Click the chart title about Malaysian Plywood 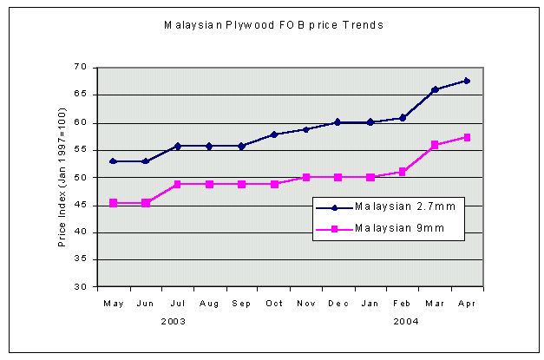pyautogui.click(x=273, y=25)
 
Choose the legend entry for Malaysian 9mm pyautogui.click(x=387, y=228)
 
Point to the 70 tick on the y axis pyautogui.click(x=81, y=67)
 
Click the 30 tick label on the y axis pyautogui.click(x=81, y=286)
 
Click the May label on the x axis pyautogui.click(x=113, y=303)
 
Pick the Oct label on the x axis pyautogui.click(x=273, y=303)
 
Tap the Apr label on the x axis pyautogui.click(x=467, y=303)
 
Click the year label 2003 pyautogui.click(x=173, y=320)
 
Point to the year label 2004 pyautogui.click(x=406, y=320)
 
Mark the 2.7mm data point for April pyautogui.click(x=467, y=81)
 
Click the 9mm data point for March pyautogui.click(x=435, y=145)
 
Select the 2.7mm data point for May pyautogui.click(x=113, y=160)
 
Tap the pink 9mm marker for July pyautogui.click(x=177, y=184)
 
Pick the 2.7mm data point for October pyautogui.click(x=273, y=134)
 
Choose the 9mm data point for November pyautogui.click(x=305, y=177)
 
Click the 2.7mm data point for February pyautogui.click(x=403, y=118)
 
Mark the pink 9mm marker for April pyautogui.click(x=467, y=137)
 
